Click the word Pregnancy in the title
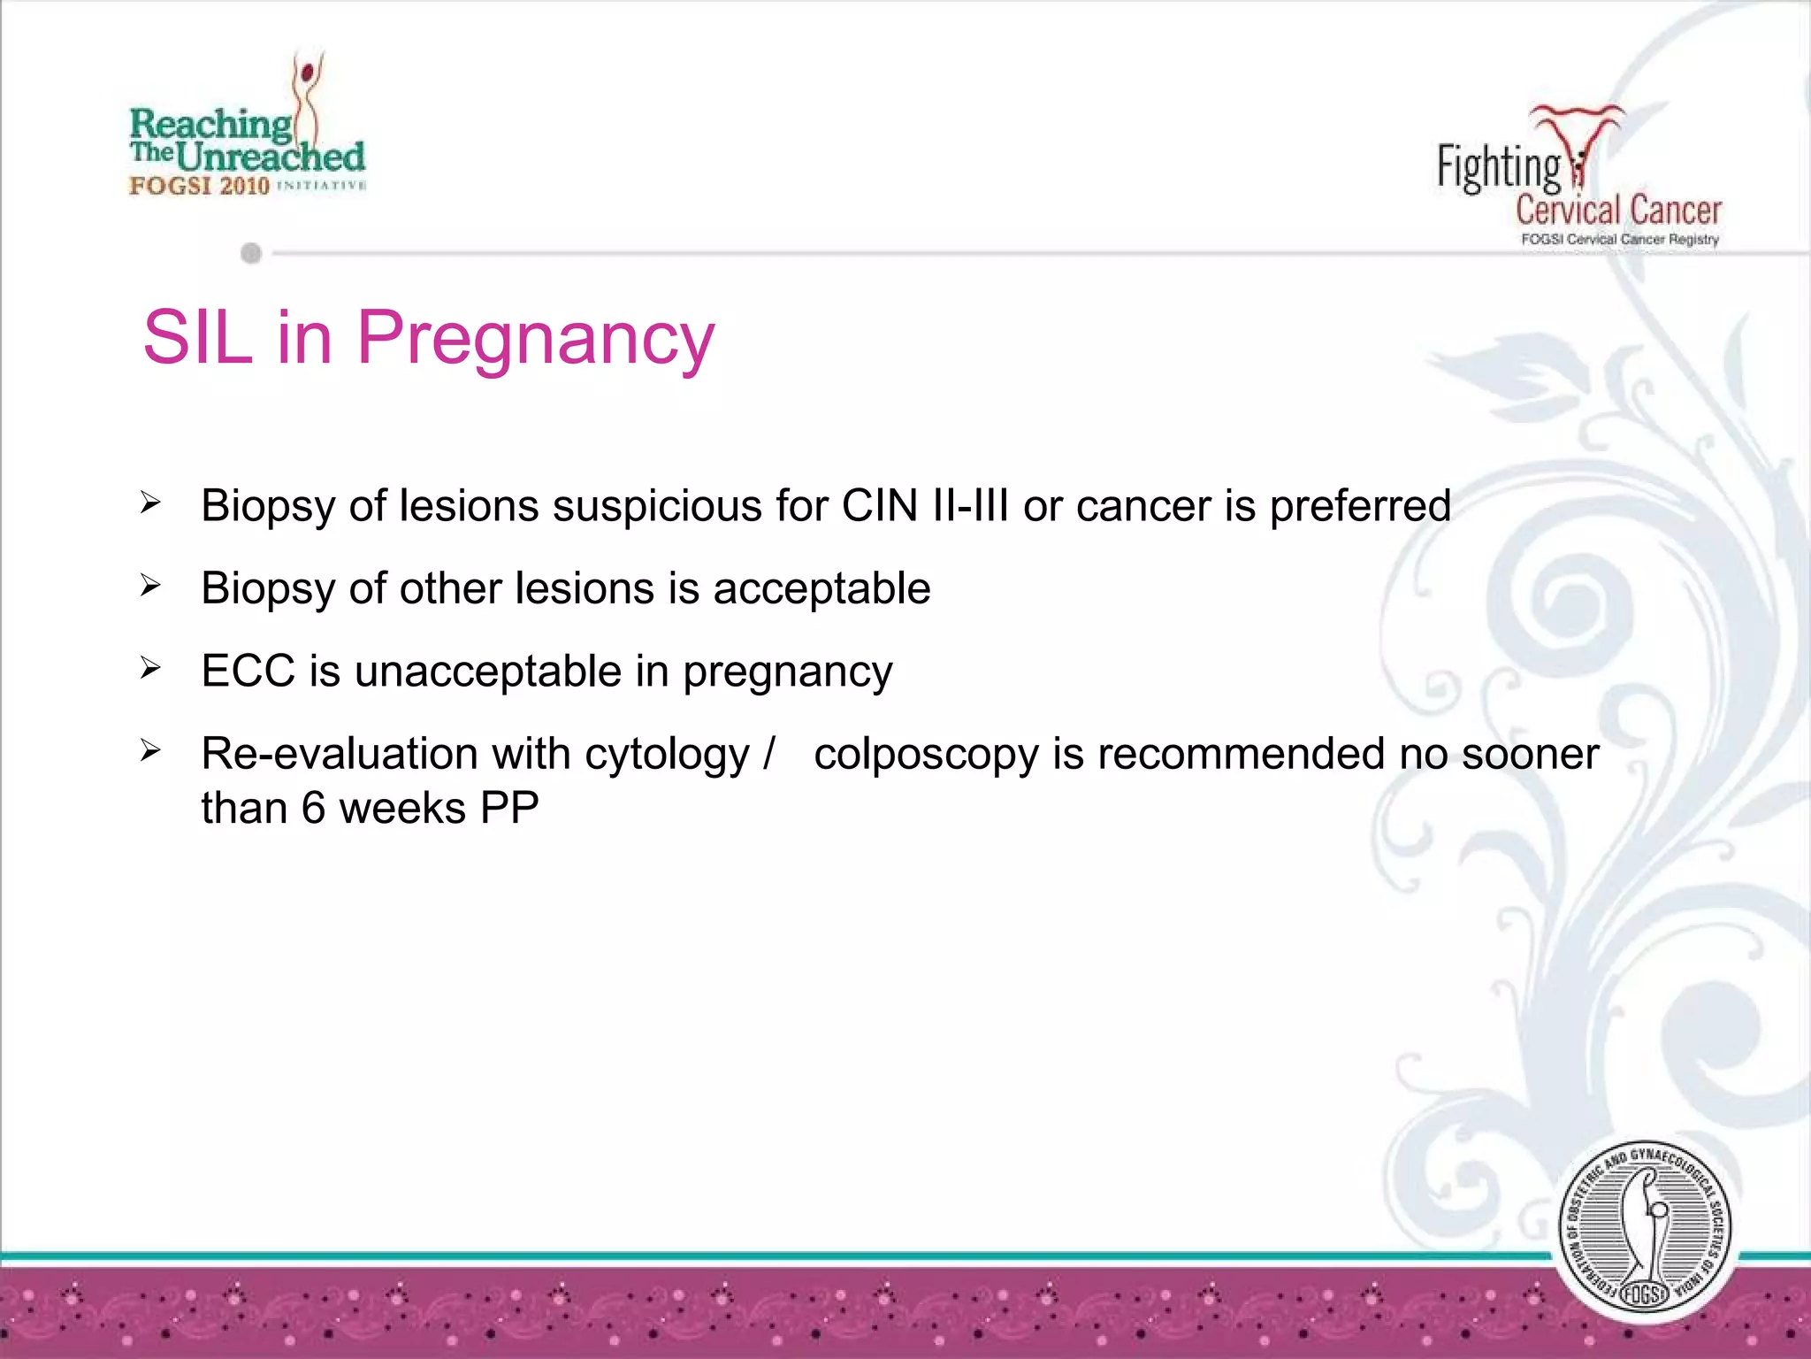[x=535, y=340]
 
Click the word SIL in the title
[x=198, y=338]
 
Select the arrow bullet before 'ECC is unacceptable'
[x=150, y=669]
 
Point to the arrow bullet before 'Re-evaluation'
[x=150, y=752]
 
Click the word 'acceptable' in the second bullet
[x=821, y=589]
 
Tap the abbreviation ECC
[x=248, y=671]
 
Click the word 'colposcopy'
[x=926, y=756]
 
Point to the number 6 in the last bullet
[x=313, y=808]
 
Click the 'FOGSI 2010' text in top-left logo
[x=199, y=186]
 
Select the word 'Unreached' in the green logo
[x=270, y=157]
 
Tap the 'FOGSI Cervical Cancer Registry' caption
[x=1619, y=240]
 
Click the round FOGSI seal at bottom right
[x=1645, y=1230]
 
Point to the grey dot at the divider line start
[x=251, y=254]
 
